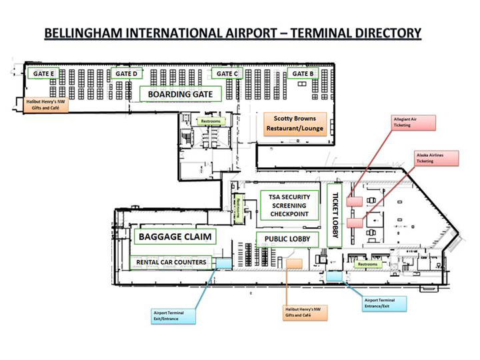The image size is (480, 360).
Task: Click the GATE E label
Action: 43,73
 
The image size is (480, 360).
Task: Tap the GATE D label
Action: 126,73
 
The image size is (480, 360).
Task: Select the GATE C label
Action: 227,73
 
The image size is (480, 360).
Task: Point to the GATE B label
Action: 303,73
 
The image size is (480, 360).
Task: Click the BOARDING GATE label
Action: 180,95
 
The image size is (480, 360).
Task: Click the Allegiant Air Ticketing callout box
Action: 413,122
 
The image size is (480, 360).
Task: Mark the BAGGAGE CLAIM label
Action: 175,237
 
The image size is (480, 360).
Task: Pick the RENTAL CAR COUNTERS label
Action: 172,262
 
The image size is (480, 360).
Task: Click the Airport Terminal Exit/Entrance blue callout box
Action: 173,315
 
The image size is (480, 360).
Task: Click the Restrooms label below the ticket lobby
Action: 367,264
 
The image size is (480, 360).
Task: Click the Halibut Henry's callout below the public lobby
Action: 297,311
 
